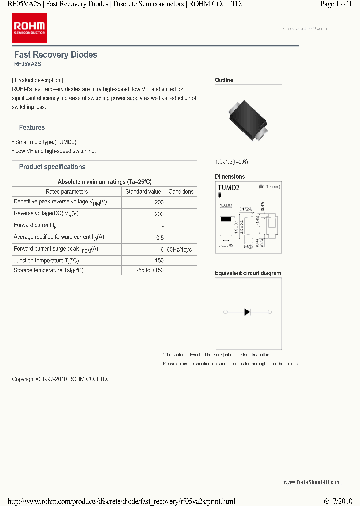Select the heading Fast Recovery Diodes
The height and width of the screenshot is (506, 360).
pos(55,55)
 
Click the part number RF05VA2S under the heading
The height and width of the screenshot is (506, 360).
pos(27,64)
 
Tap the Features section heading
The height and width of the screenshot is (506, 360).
pos(32,128)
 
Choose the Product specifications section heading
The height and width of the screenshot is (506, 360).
pos(52,167)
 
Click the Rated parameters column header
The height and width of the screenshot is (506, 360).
pos(66,192)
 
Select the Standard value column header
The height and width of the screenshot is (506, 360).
pos(143,192)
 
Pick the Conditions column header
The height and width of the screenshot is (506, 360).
pos(181,192)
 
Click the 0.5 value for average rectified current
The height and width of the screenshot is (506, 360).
pos(160,238)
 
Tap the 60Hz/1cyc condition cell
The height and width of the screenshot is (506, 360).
pos(179,249)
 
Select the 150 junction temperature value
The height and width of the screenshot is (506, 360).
pos(159,261)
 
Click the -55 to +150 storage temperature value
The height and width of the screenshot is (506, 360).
pos(150,270)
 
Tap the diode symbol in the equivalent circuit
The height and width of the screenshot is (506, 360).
pos(247,312)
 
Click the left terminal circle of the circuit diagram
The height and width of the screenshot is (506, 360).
pos(225,312)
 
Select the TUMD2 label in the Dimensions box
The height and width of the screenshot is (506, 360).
pos(229,188)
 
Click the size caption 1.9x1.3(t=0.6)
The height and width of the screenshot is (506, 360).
pos(231,162)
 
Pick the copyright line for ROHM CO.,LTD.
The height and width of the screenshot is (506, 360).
pos(60,379)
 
